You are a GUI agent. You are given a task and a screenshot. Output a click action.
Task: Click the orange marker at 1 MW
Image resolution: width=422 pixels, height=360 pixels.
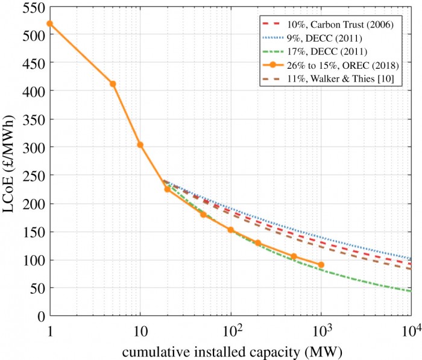[x=50, y=24]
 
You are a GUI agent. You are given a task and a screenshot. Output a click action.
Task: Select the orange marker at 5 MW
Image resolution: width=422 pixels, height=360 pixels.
[x=113, y=84]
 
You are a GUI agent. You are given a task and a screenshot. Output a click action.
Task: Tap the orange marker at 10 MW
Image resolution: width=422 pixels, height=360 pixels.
[x=140, y=145]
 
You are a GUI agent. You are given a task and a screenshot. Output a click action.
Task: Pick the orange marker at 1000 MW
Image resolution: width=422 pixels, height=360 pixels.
[x=321, y=265]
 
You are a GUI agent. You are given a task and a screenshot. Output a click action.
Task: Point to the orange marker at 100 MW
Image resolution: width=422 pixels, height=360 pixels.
[x=230, y=230]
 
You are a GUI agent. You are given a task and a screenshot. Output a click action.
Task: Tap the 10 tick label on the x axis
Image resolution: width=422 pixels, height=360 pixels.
[x=140, y=330]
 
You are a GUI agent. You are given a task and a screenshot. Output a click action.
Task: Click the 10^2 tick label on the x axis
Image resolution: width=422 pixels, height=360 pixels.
[x=230, y=329]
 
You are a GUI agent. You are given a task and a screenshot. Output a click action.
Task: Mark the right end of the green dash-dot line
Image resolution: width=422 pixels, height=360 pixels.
[x=411, y=291]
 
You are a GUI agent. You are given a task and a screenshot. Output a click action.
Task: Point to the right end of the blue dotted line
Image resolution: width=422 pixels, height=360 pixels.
[x=411, y=259]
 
